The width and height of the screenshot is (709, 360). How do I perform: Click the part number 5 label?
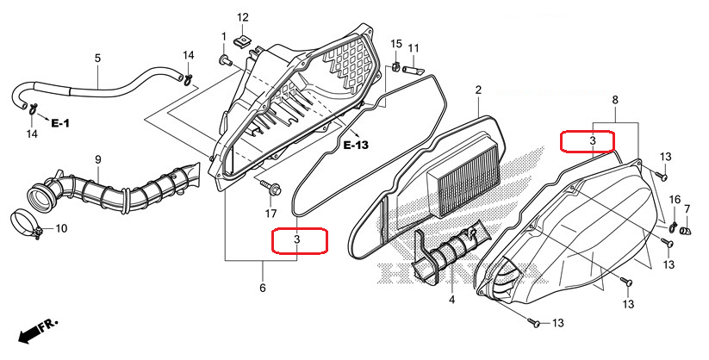[x=97, y=58]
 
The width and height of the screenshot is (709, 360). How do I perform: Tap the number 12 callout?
[x=242, y=17]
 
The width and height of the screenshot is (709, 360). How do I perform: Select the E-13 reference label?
[x=356, y=145]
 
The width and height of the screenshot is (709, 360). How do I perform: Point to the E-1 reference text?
[x=59, y=124]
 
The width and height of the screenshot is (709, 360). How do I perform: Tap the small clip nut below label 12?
[x=245, y=39]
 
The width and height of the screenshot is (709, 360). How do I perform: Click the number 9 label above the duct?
[x=98, y=159]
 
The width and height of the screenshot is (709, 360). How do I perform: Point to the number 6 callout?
[x=263, y=288]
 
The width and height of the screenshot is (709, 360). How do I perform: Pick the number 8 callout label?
[x=614, y=101]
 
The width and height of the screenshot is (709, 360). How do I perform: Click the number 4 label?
[x=451, y=300]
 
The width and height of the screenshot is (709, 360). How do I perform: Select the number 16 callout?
[x=675, y=200]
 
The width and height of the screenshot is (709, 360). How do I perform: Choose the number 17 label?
[x=271, y=213]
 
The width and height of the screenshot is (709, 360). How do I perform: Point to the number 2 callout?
[x=477, y=90]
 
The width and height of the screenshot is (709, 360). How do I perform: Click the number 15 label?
[x=396, y=44]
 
